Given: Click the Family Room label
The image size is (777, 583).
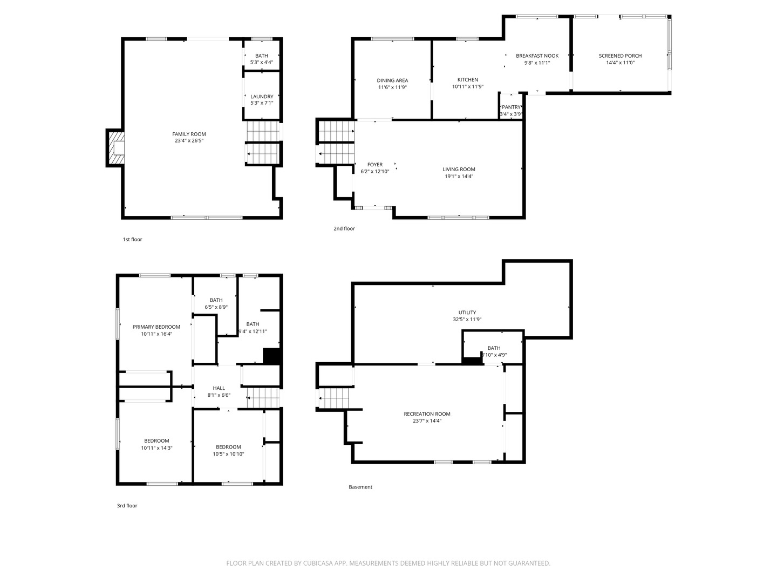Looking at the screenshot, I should point(189,134).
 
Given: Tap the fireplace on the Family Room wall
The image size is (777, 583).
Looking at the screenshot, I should point(117,148).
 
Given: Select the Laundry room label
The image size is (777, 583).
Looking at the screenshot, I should point(262,97).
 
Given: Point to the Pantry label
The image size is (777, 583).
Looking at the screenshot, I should point(511,107).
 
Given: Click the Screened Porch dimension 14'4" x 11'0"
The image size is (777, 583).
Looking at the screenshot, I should point(620,63).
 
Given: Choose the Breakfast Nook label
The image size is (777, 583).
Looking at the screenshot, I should point(537,56).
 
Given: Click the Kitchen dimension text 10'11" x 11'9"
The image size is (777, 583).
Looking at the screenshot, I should point(467,86).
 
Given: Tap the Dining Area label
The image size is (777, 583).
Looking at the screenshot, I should point(392,80).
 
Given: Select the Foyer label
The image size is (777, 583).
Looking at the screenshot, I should point(375,165).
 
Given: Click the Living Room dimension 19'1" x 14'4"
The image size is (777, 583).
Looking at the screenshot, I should point(459,176).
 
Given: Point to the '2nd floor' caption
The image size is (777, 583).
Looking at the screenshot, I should point(344,228).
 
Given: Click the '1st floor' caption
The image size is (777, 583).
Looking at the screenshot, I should point(132,239).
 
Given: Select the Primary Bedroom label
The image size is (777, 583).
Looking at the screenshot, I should point(156,327).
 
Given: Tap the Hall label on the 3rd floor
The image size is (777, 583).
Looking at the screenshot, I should point(219,388).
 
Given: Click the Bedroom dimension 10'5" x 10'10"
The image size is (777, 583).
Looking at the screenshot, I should point(228,454).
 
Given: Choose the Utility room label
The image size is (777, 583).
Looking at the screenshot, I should point(467,313).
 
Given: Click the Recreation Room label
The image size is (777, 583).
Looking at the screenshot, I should point(427,414).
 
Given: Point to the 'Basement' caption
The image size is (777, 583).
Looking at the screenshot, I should point(360,487).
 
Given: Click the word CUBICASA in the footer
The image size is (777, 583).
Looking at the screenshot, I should point(316,563).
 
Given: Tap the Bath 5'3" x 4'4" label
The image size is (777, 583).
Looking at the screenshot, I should point(262,56).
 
